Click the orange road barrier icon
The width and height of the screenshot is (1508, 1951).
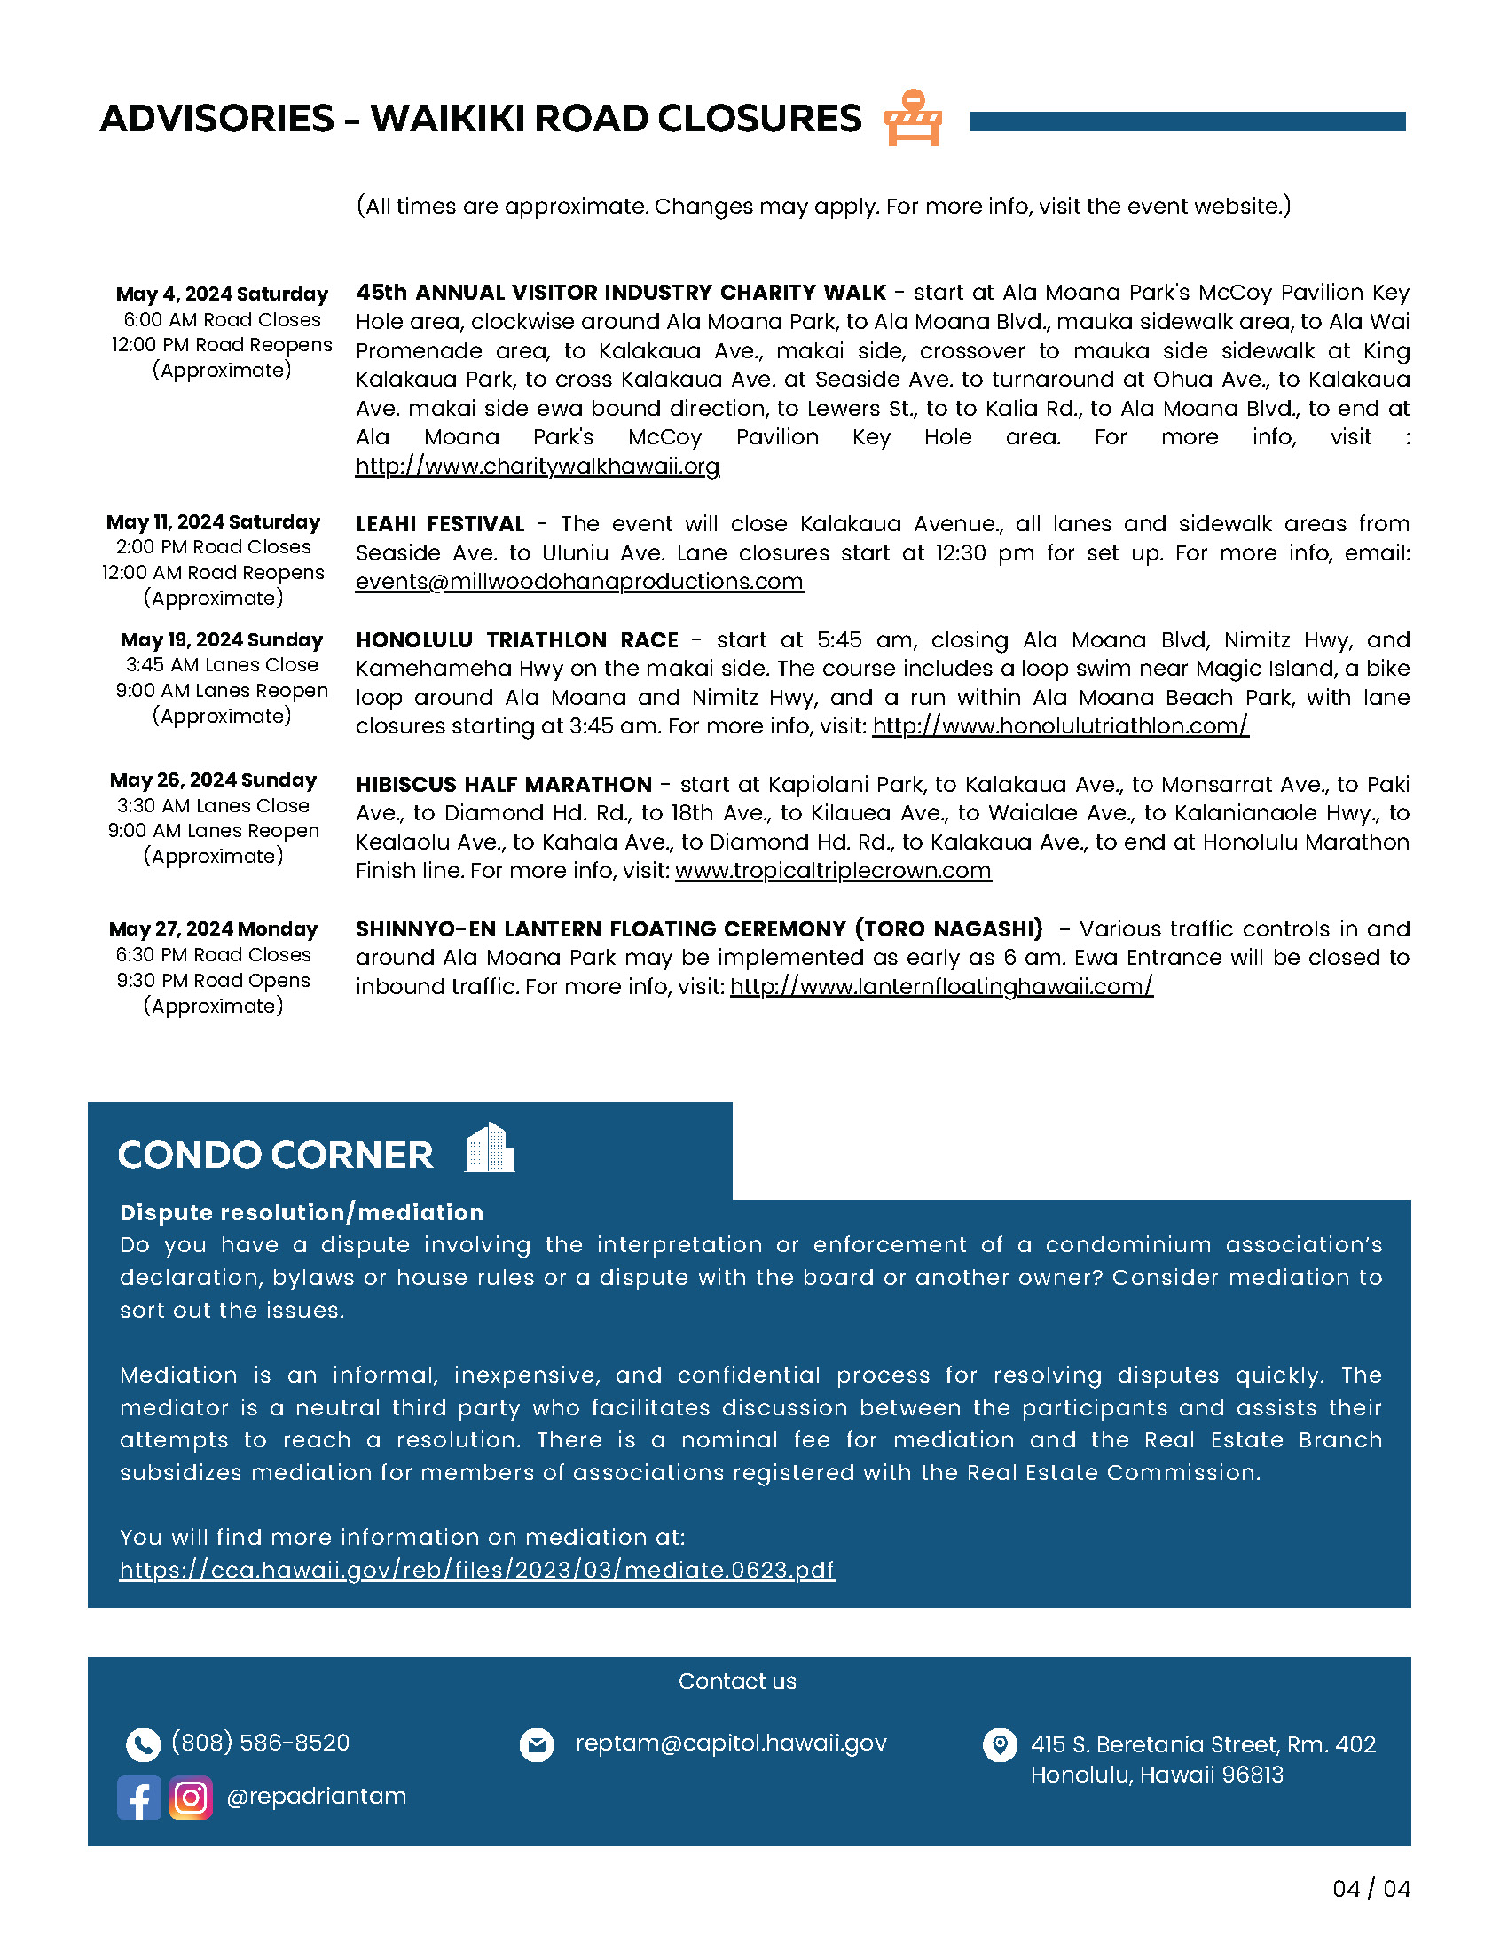click(x=913, y=118)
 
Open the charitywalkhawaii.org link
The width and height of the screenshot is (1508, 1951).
click(x=537, y=466)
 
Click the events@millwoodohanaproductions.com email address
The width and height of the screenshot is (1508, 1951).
click(x=579, y=582)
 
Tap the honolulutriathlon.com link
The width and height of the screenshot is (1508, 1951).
click(x=1059, y=726)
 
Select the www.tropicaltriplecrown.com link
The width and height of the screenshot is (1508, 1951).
click(x=833, y=871)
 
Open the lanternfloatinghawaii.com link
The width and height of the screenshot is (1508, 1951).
click(x=940, y=987)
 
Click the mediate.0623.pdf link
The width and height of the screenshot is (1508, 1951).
click(x=476, y=1570)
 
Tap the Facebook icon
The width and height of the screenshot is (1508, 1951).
click(x=139, y=1798)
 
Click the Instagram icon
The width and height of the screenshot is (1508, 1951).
click(x=191, y=1798)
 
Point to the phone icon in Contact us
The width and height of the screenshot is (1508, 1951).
click(x=143, y=1743)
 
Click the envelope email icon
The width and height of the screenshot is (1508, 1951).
click(x=537, y=1743)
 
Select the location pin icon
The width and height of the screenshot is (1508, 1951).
click(x=999, y=1743)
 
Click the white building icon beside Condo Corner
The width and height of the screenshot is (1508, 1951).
click(x=490, y=1148)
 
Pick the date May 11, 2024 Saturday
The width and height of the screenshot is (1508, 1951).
click(x=213, y=521)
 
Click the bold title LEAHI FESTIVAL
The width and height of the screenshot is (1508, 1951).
click(x=439, y=524)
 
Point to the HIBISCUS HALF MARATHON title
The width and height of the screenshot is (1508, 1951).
click(x=504, y=784)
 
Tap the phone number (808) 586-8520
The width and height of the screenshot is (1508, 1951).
click(x=260, y=1743)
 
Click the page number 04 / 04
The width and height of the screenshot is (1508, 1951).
click(x=1371, y=1888)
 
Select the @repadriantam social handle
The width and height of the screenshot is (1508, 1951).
click(x=317, y=1797)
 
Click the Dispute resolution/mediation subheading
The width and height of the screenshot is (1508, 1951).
click(x=302, y=1212)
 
